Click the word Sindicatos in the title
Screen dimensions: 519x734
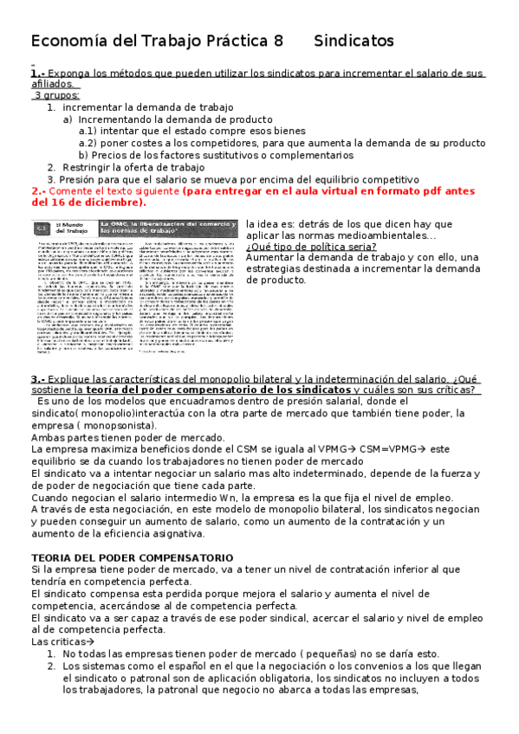point(354,41)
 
